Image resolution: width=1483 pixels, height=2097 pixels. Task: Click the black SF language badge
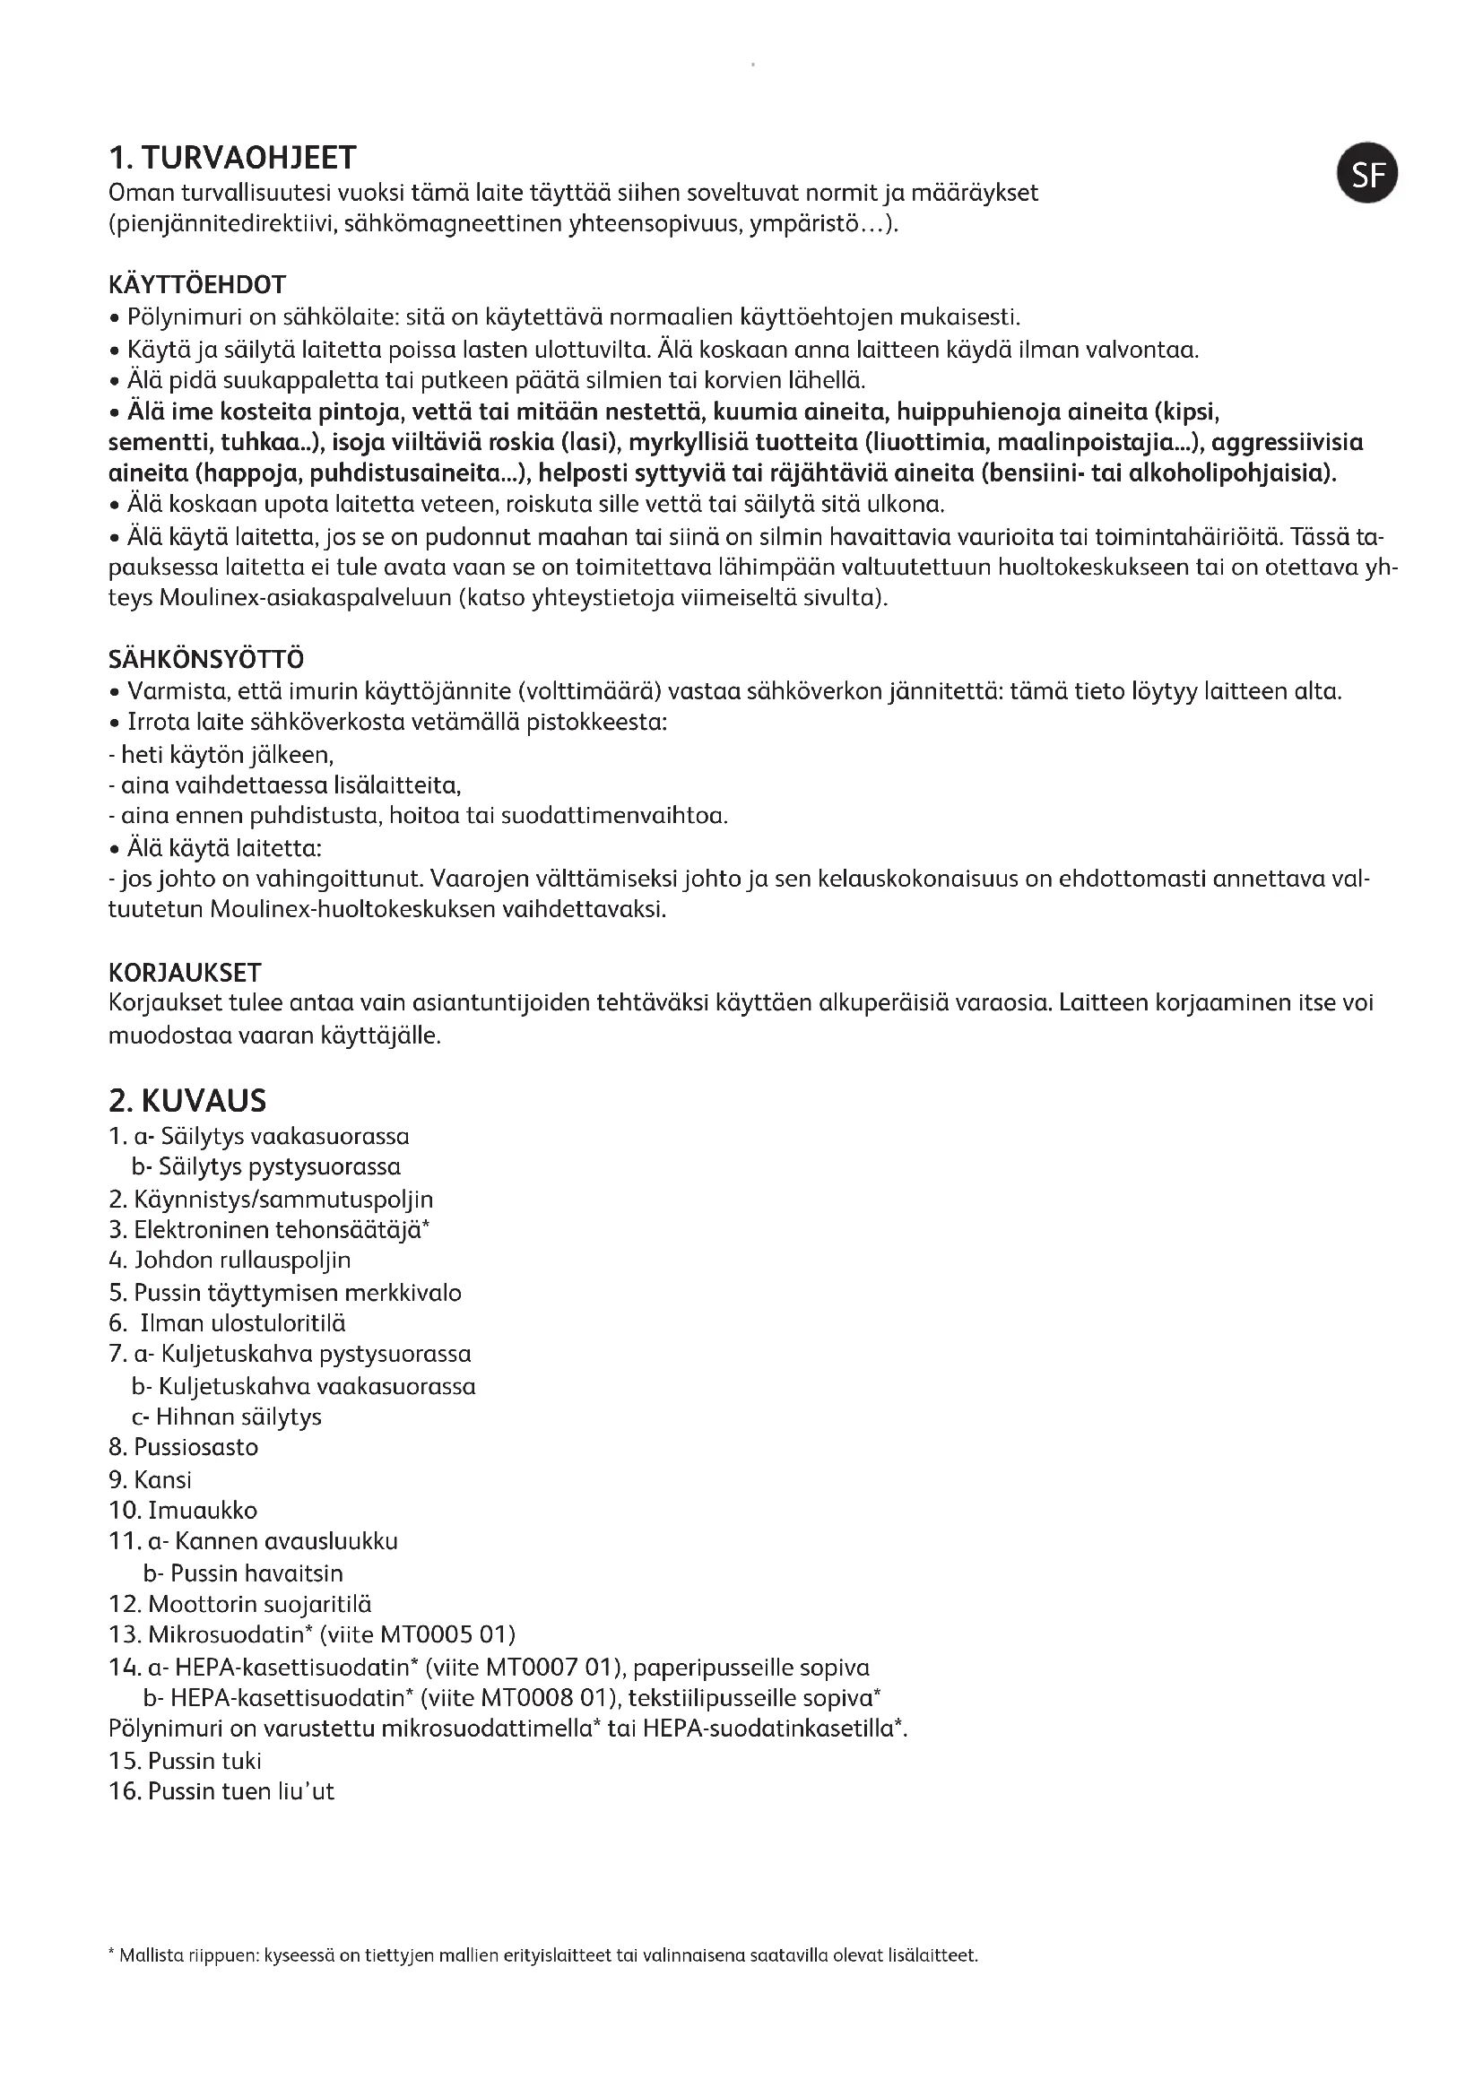pyautogui.click(x=1367, y=174)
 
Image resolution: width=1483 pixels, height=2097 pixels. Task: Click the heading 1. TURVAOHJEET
pyautogui.click(x=232, y=158)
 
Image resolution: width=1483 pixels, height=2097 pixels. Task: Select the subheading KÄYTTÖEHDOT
pyautogui.click(x=197, y=285)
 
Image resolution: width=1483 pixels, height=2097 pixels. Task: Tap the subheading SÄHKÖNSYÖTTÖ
pyautogui.click(x=206, y=659)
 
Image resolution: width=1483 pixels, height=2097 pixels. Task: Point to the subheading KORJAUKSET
pyautogui.click(x=185, y=972)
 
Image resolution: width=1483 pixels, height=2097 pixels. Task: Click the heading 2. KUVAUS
pyautogui.click(x=187, y=1101)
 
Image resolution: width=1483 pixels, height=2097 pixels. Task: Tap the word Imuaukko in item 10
pyautogui.click(x=203, y=1510)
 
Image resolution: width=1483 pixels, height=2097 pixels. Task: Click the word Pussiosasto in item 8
pyautogui.click(x=196, y=1447)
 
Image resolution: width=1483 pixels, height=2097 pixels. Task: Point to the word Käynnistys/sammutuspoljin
pyautogui.click(x=283, y=1200)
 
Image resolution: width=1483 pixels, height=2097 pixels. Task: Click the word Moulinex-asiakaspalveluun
pyautogui.click(x=305, y=598)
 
